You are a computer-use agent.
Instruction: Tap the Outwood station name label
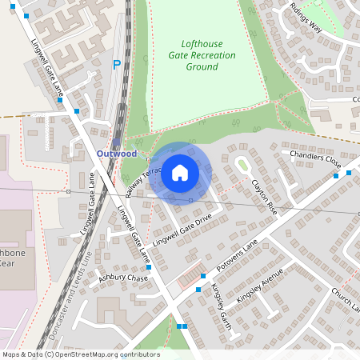click(x=117, y=153)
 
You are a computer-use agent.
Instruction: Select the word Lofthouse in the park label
click(x=202, y=44)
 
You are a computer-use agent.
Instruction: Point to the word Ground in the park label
click(x=202, y=67)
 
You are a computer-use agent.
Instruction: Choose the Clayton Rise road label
click(x=263, y=196)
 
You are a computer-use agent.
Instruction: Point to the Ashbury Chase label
click(x=123, y=278)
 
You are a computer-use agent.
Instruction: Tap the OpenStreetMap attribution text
click(x=81, y=354)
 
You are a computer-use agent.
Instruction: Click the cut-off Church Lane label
click(x=347, y=300)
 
